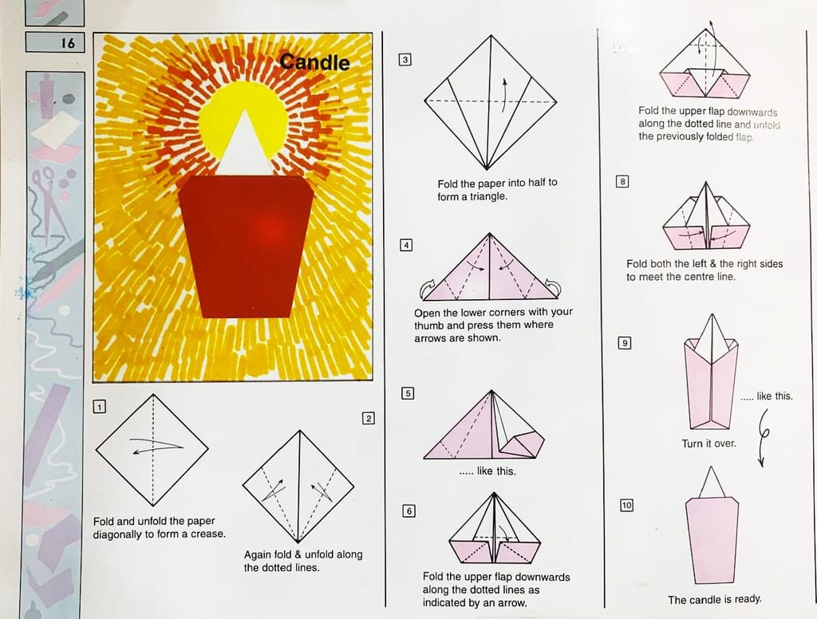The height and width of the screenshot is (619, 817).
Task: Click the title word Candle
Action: [314, 62]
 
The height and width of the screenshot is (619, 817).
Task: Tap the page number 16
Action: [68, 43]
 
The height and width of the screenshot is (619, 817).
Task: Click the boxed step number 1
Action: [99, 406]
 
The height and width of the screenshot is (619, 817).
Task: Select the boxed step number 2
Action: [369, 418]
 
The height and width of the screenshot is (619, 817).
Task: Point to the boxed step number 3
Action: [405, 60]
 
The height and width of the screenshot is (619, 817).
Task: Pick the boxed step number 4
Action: [406, 245]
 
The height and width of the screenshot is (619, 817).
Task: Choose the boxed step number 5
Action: [408, 393]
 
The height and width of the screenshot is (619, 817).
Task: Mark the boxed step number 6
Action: [409, 511]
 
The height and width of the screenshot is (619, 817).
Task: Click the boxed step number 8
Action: [622, 181]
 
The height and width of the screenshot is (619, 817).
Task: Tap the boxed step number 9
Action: [624, 343]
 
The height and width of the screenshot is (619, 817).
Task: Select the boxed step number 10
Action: [626, 505]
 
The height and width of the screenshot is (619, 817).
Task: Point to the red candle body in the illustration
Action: [246, 246]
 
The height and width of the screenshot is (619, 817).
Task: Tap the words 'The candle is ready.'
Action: [714, 600]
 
